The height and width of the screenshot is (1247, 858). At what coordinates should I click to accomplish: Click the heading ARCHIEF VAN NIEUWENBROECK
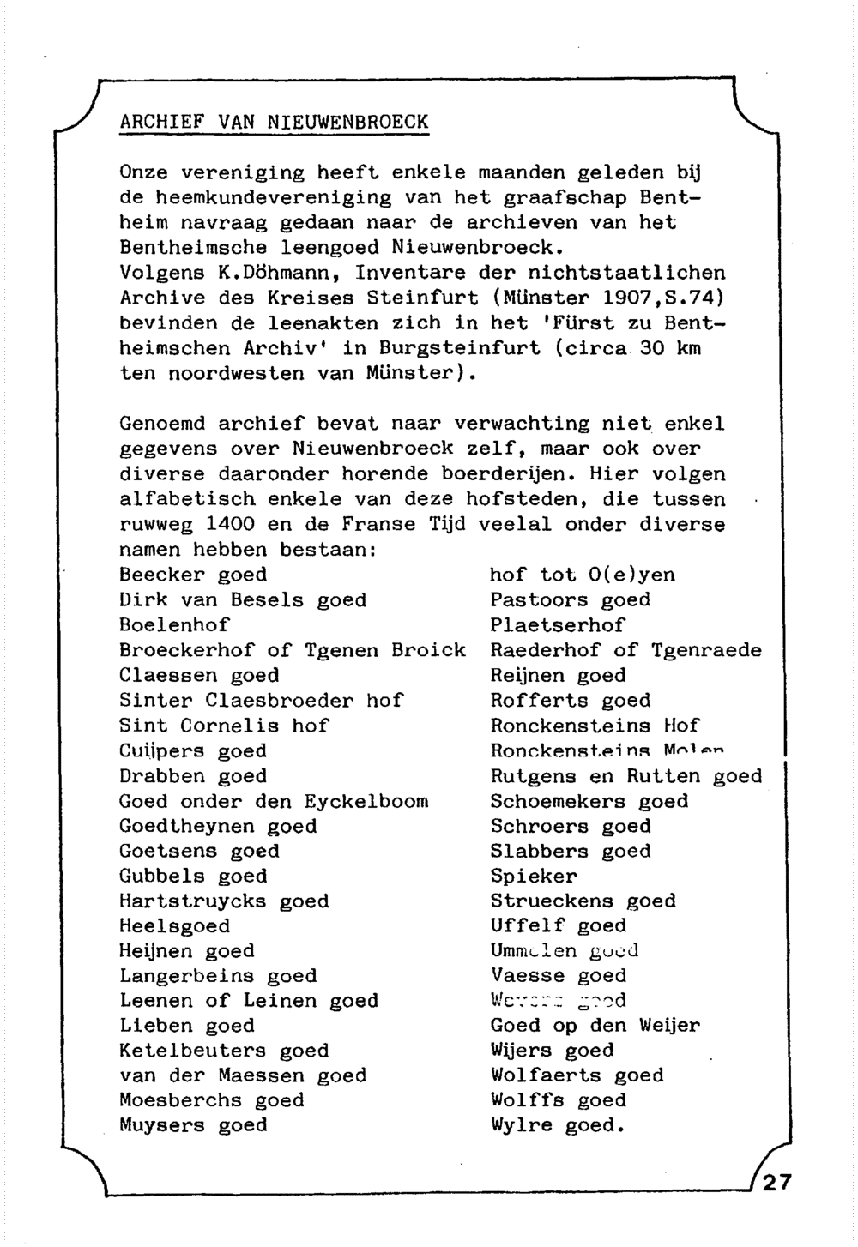click(274, 122)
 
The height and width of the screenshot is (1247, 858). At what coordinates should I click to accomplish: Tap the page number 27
click(776, 1183)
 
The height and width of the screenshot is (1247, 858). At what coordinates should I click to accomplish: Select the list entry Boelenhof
click(174, 625)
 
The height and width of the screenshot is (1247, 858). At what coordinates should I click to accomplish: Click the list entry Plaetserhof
click(558, 625)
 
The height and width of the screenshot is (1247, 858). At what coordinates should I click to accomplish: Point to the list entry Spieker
click(534, 877)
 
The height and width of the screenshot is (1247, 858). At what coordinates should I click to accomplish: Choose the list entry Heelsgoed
click(174, 926)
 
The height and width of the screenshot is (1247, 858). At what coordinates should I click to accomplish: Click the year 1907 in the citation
click(627, 298)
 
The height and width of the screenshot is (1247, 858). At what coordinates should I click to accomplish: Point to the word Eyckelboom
click(366, 802)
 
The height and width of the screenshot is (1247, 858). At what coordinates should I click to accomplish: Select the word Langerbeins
click(186, 976)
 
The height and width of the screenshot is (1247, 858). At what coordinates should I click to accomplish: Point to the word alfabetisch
click(186, 500)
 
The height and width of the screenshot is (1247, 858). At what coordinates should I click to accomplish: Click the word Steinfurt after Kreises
click(409, 298)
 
